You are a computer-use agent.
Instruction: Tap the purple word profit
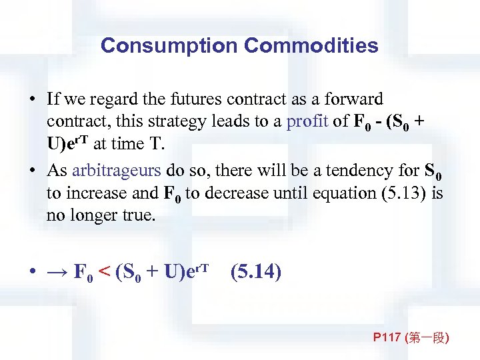[305, 122]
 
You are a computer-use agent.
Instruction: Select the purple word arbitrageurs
[116, 170]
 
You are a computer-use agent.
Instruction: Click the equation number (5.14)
[255, 272]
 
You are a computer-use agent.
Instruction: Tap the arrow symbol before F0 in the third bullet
[58, 272]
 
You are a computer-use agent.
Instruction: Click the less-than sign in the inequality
[105, 272]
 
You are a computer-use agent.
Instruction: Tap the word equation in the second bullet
[319, 193]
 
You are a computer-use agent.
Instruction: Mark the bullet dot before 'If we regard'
[32, 100]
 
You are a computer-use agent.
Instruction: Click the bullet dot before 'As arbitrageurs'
[32, 171]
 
